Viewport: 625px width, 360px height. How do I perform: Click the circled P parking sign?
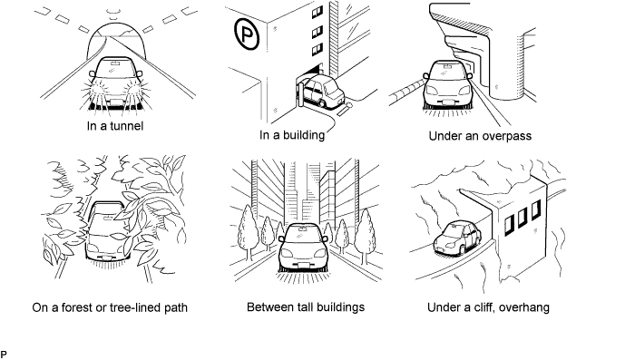[x=247, y=34]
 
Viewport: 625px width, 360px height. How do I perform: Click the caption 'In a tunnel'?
[x=115, y=126]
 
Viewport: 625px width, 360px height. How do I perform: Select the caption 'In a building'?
[x=292, y=135]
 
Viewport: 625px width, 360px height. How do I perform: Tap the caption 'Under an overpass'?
[x=480, y=136]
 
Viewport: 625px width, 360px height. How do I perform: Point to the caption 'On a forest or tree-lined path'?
[x=110, y=307]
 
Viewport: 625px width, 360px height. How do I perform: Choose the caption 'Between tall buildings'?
[x=306, y=307]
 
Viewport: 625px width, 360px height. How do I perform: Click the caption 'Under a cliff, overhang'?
[x=488, y=307]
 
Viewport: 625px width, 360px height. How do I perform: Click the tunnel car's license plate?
[x=117, y=102]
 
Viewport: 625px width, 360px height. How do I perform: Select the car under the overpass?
[x=447, y=84]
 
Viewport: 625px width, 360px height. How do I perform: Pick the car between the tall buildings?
[x=303, y=248]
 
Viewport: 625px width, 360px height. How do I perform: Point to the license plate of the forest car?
[x=107, y=258]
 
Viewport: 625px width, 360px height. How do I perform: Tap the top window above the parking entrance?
[x=317, y=13]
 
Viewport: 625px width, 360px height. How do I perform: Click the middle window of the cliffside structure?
[x=522, y=218]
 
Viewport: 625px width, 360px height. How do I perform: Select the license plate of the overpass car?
[x=448, y=102]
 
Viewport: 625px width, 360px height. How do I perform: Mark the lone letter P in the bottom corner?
[x=4, y=355]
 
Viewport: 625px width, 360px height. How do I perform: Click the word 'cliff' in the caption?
[x=483, y=307]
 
